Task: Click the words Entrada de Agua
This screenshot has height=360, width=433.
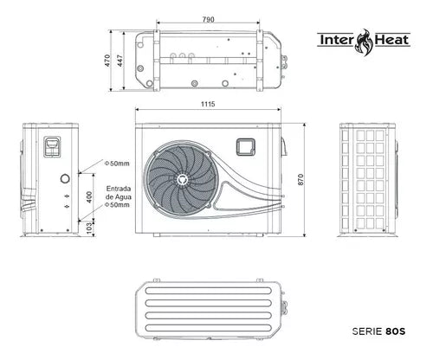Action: [x=119, y=192]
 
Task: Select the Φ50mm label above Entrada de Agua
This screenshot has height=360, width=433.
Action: [x=117, y=163]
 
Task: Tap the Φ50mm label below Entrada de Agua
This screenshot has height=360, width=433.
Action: [x=117, y=206]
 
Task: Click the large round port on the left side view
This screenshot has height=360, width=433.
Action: [x=63, y=178]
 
